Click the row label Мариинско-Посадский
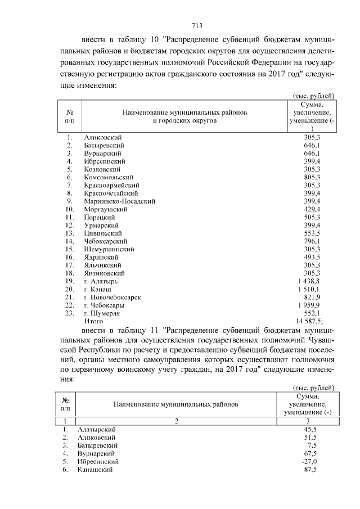pos(119,201)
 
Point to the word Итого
pos(93,320)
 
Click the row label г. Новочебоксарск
pos(112,296)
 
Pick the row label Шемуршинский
pos(109,249)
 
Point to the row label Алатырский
pos(99,429)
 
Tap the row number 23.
pos(69,312)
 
